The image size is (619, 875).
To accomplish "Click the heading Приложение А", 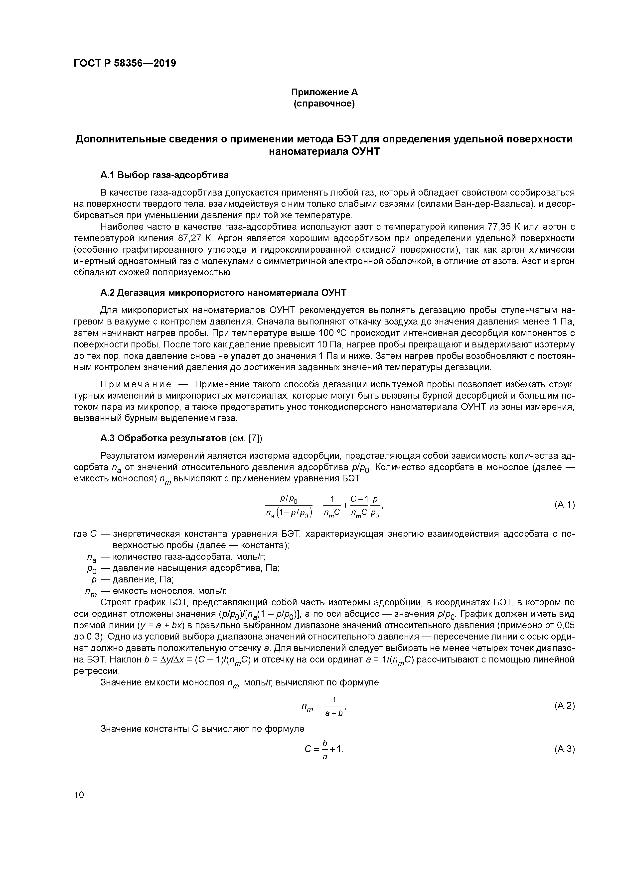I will pos(324,92).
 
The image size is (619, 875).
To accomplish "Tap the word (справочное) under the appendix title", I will pos(324,104).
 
